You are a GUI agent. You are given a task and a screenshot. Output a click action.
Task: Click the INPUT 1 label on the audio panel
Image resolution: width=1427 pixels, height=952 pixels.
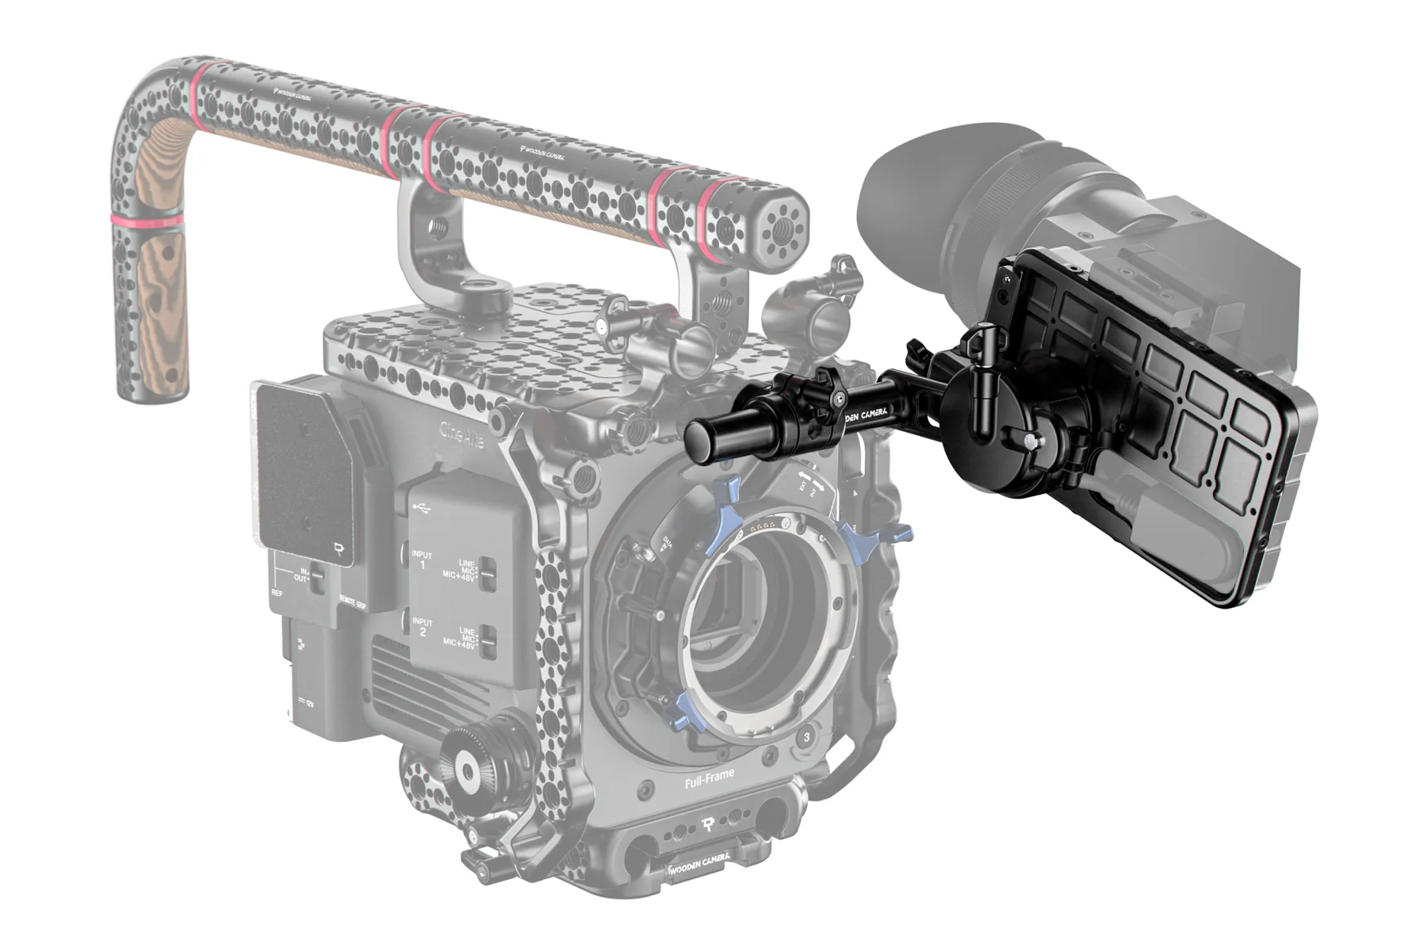tap(422, 560)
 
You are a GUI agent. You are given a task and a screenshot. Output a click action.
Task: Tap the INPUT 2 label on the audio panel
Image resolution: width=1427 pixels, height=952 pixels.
tap(422, 627)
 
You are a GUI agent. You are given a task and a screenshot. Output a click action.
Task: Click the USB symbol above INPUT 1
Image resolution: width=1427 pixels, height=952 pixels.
tap(423, 510)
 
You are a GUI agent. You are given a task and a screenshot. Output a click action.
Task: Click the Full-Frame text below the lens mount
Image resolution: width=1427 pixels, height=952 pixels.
tap(710, 778)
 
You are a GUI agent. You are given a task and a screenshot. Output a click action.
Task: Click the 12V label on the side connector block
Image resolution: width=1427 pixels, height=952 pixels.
tap(308, 702)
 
